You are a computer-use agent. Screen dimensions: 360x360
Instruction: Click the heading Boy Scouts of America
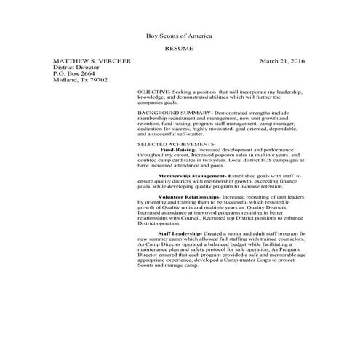(180, 36)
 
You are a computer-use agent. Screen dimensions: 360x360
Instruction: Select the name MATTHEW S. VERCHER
(92, 61)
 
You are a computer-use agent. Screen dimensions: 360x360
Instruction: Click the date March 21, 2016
(283, 61)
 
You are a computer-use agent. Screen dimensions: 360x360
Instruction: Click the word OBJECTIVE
(153, 92)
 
